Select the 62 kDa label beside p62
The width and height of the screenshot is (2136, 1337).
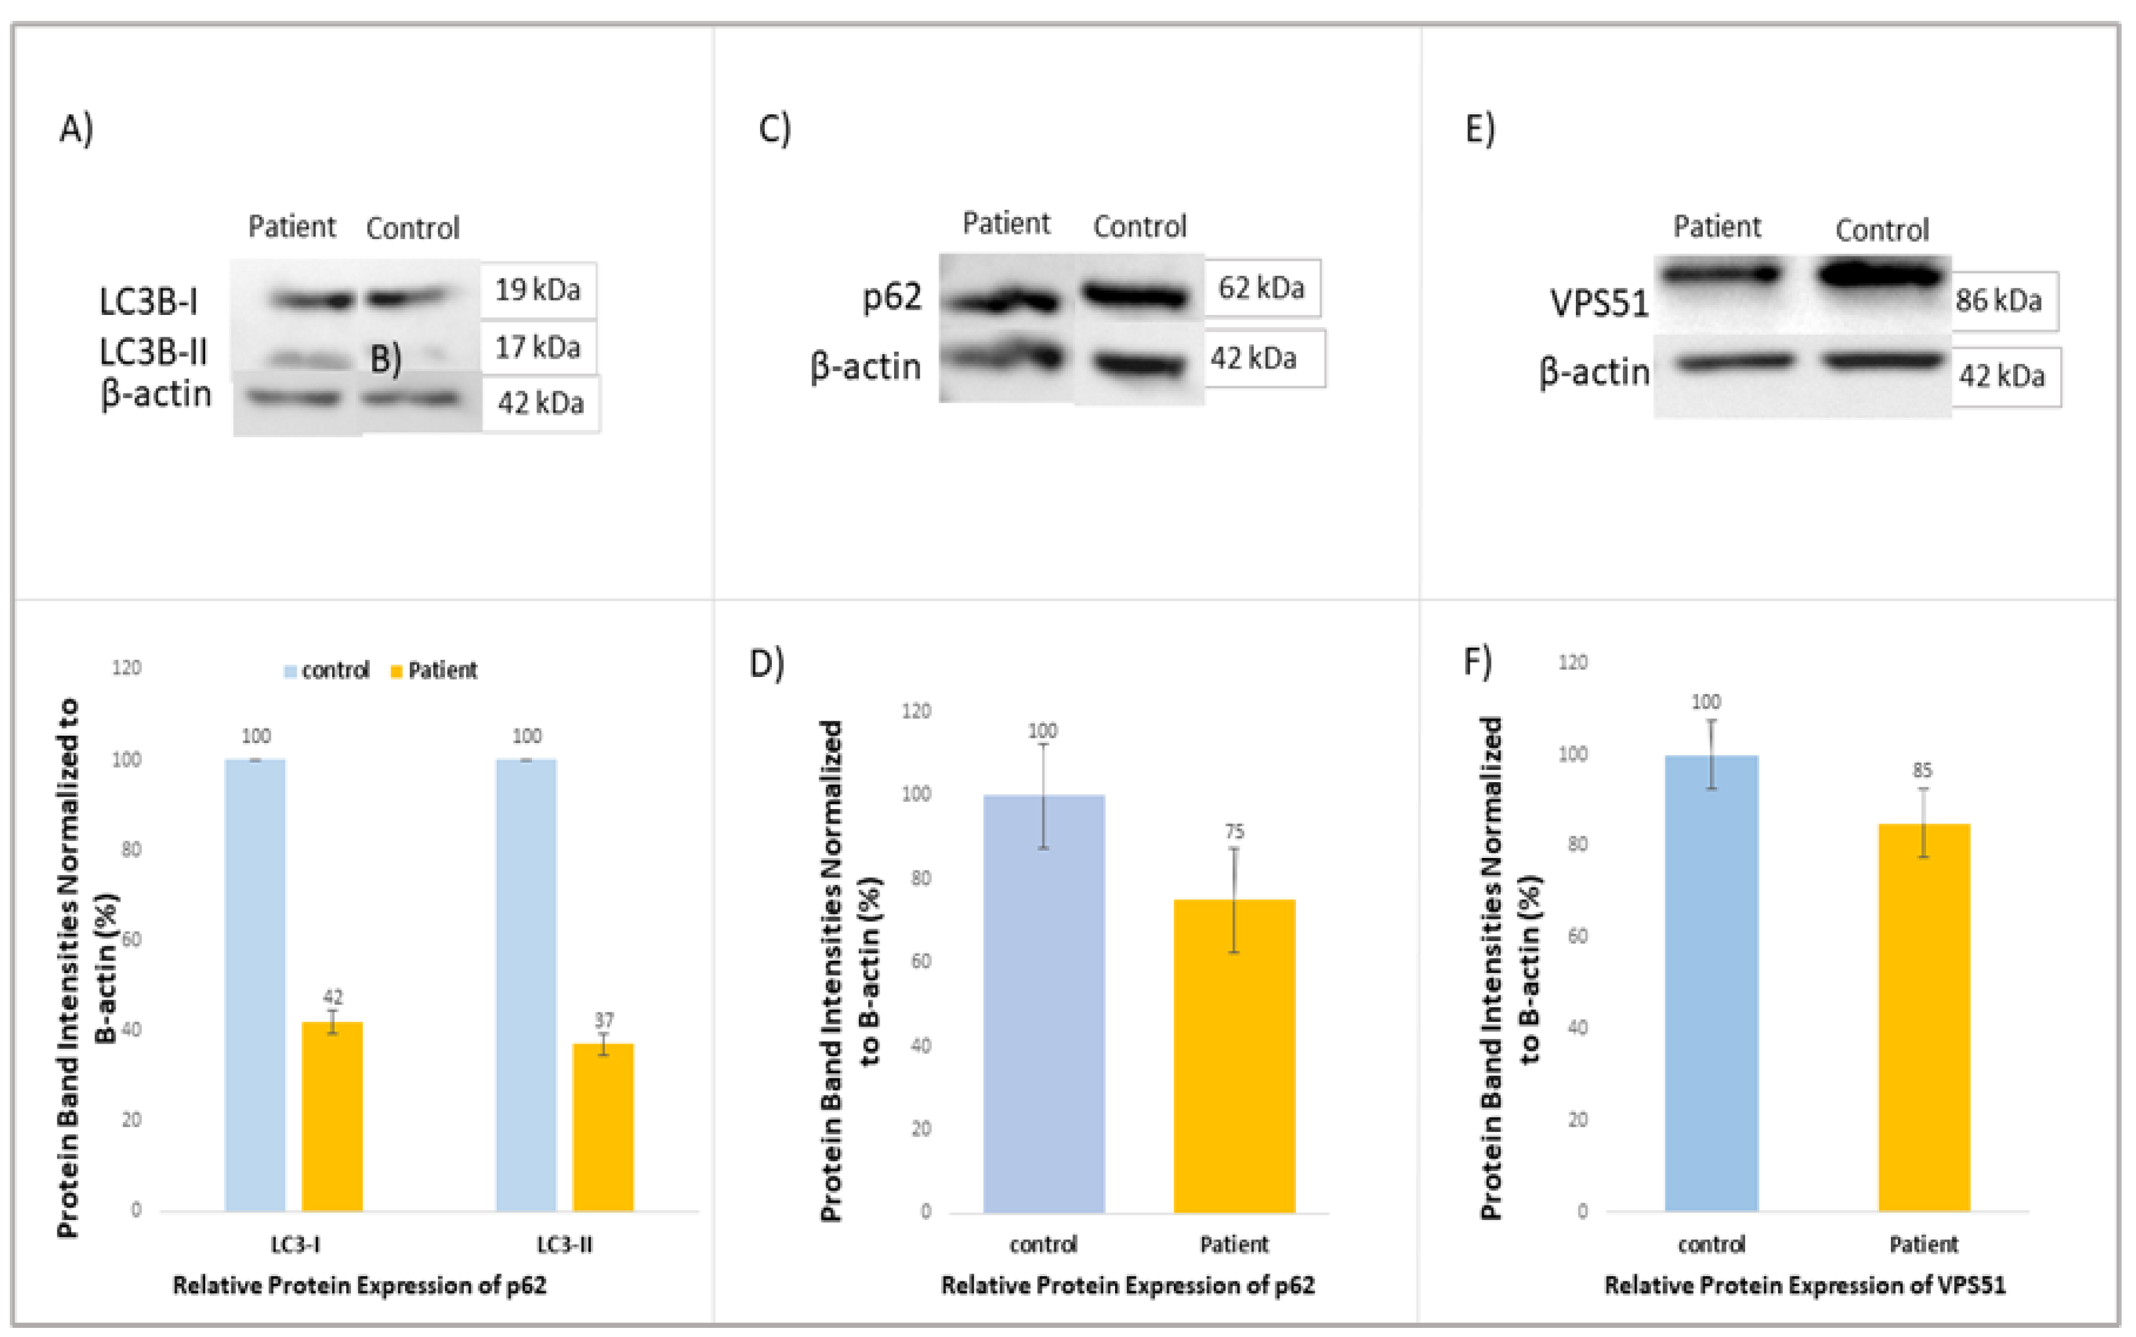point(1261,288)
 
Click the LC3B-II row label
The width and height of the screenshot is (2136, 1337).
point(153,352)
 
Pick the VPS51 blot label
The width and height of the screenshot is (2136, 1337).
point(1598,303)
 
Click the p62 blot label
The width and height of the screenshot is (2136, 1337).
point(892,296)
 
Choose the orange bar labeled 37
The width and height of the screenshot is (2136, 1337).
point(603,1127)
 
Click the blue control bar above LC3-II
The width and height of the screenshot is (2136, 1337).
point(526,983)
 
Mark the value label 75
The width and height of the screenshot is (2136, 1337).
point(1234,831)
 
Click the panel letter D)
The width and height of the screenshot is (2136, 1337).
point(766,663)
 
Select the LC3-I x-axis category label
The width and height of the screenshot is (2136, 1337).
point(295,1244)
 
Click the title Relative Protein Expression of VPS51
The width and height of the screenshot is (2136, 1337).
point(1805,1285)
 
